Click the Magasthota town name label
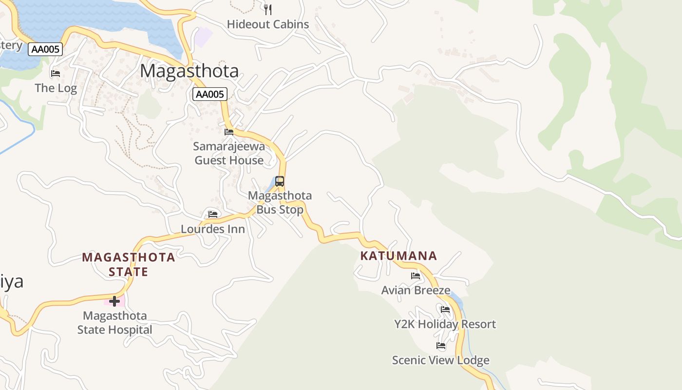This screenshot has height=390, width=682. coord(189,71)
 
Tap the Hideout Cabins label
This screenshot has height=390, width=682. coord(268,24)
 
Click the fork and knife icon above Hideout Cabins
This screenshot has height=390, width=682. coord(267,9)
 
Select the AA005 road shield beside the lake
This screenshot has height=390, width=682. coord(45,49)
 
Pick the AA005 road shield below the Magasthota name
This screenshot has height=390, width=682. coord(209,94)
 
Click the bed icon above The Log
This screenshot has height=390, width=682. coord(56,74)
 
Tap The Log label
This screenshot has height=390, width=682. coord(56,88)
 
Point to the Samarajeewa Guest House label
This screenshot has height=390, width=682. coord(229,153)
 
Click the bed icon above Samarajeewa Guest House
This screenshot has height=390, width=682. coord(229,132)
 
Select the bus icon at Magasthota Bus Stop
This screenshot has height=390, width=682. coord(280,181)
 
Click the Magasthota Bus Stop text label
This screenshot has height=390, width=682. coord(280,202)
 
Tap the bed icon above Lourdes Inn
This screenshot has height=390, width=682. coord(213,214)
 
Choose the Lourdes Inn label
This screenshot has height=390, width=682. coord(213,229)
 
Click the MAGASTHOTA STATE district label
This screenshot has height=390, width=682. coord(129,264)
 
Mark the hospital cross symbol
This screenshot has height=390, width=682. coord(114,301)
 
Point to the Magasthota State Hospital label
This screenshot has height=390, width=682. coord(115,323)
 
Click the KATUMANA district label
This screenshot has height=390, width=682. coord(398,256)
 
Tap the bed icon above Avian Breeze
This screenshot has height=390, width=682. coord(416,275)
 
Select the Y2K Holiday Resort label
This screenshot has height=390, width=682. coord(445,324)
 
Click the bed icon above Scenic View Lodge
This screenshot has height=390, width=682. coord(441,346)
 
